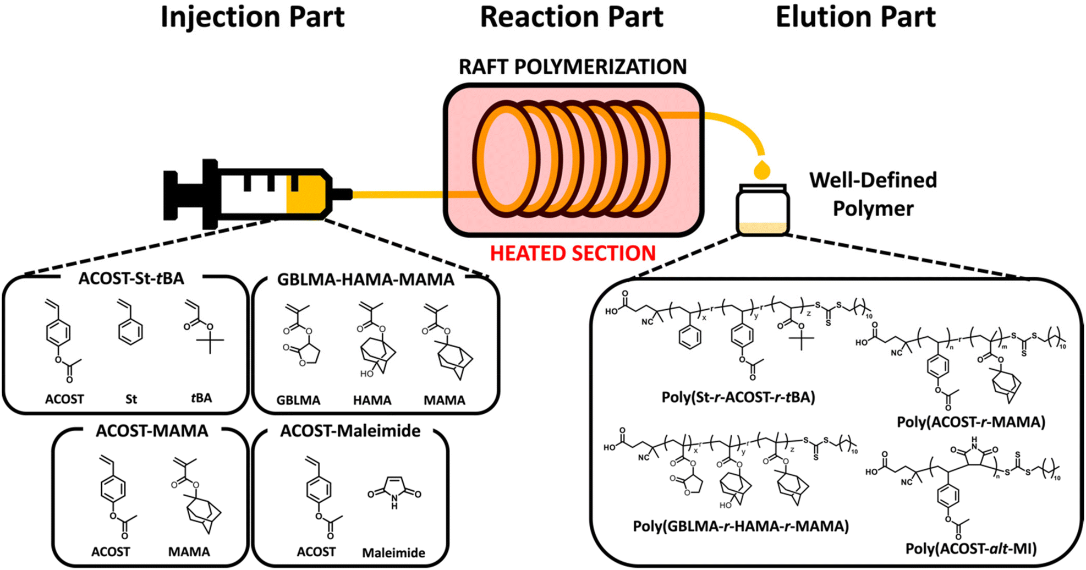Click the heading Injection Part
tap(253, 17)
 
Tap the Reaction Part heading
tap(572, 17)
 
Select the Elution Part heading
tap(855, 17)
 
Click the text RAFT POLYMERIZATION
tap(573, 67)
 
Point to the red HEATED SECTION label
tap(573, 254)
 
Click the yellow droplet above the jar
tap(762, 170)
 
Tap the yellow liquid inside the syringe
tap(306, 194)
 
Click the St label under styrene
tap(131, 399)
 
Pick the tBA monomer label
tap(201, 398)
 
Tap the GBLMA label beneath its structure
tap(298, 400)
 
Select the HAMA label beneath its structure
tap(372, 400)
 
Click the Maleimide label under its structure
tap(393, 552)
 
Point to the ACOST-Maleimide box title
tap(350, 431)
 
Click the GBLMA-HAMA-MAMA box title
tap(365, 279)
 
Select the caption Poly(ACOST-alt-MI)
tap(971, 549)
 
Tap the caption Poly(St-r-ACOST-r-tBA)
tap(738, 397)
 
